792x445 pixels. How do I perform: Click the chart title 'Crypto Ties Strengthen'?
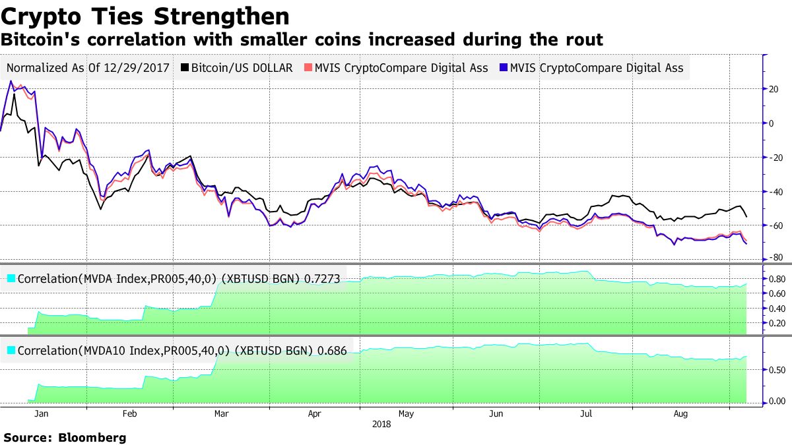145,16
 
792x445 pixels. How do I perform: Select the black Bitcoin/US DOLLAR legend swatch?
185,68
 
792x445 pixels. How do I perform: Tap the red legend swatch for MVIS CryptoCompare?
308,68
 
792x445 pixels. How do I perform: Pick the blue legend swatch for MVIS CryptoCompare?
504,68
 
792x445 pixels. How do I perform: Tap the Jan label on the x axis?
41,414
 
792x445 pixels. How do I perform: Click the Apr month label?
315,414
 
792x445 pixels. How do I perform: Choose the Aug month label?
681,414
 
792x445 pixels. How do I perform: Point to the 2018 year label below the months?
381,425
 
